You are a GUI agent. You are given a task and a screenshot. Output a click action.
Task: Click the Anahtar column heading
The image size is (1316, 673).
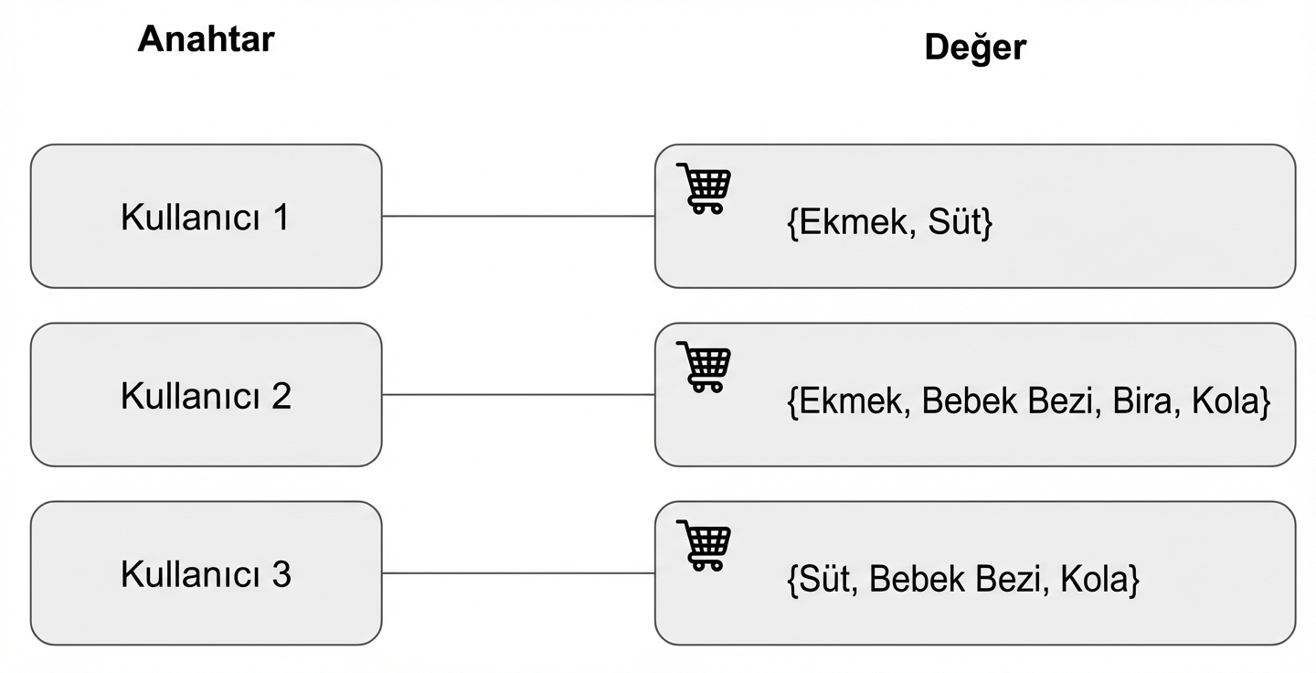click(206, 39)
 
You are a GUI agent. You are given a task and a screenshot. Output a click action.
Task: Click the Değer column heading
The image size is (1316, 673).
click(975, 48)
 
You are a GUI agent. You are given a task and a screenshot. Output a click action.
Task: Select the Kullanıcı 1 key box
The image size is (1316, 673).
click(206, 217)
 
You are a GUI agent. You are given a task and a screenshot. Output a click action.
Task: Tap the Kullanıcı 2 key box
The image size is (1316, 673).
click(206, 395)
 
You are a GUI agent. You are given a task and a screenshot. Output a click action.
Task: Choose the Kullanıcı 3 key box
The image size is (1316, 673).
click(206, 573)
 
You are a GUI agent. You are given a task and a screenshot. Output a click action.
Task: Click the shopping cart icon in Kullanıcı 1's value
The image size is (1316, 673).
click(704, 188)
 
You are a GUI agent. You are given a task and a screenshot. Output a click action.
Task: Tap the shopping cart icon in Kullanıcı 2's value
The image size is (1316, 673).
click(704, 367)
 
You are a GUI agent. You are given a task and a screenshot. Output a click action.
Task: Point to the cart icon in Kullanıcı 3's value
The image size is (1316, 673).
click(704, 545)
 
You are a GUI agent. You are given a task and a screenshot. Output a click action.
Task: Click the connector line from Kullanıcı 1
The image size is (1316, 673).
click(518, 217)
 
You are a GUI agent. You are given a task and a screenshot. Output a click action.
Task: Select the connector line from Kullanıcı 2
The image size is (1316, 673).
click(518, 395)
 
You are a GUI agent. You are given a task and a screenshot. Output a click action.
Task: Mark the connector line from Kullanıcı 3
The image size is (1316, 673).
click(518, 573)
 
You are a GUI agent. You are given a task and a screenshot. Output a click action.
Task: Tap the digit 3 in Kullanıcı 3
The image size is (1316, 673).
click(281, 574)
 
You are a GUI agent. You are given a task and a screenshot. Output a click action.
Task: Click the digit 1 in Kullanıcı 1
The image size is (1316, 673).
click(280, 218)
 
